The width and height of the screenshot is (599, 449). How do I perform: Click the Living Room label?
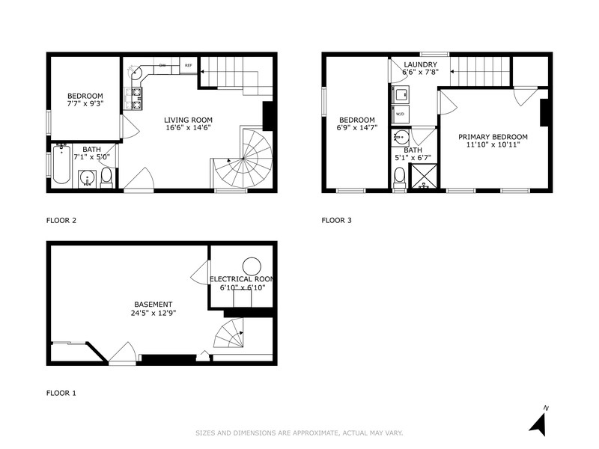tap(188, 120)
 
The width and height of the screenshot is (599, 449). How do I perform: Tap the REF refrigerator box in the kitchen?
tap(189, 66)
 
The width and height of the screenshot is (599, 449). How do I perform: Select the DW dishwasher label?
tap(162, 66)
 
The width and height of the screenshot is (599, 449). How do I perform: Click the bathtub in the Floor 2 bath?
tap(61, 165)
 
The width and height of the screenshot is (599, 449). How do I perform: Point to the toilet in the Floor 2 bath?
tap(106, 177)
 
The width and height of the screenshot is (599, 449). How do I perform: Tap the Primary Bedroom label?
tap(493, 137)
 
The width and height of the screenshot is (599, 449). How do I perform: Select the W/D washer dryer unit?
tap(400, 114)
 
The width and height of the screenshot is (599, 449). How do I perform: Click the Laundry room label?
tap(420, 64)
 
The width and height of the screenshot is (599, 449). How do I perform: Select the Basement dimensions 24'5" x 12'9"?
tap(153, 313)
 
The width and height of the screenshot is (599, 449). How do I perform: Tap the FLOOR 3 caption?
tap(336, 221)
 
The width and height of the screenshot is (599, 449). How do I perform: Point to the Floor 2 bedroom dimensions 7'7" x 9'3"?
tap(85, 105)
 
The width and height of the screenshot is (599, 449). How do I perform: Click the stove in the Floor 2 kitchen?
tap(137, 94)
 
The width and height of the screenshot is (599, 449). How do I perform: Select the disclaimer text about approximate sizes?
tap(299, 433)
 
